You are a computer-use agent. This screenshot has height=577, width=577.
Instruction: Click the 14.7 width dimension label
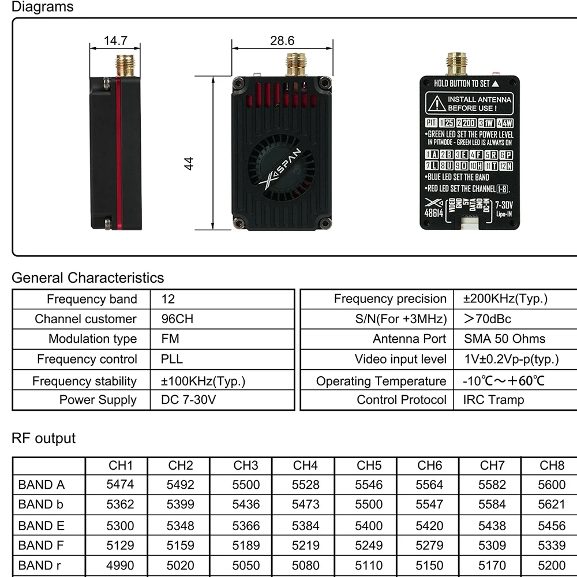[x=115, y=40]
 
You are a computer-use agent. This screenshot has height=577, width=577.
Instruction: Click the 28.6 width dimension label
[x=282, y=40]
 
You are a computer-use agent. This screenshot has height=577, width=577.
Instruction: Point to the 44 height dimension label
[x=189, y=163]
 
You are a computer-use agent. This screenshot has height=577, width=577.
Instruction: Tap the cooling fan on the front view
[x=282, y=168]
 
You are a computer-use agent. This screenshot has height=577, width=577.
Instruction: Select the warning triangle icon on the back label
[x=436, y=104]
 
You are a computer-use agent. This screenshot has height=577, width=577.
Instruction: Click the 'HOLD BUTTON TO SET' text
[x=462, y=84]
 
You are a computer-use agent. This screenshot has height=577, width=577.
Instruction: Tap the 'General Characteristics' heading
[x=88, y=278]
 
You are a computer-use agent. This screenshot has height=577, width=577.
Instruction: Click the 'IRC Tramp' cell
[x=493, y=400]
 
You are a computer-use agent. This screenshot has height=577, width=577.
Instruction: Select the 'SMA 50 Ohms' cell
[x=504, y=339]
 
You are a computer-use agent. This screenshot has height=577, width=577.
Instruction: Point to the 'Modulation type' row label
[x=92, y=339]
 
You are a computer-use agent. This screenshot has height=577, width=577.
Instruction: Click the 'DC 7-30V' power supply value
[x=188, y=400]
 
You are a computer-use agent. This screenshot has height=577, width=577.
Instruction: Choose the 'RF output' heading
[x=43, y=438]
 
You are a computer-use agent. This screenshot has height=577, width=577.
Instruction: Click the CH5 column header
[x=369, y=465]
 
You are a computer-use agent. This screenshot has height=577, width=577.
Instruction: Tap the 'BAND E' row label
[x=42, y=526]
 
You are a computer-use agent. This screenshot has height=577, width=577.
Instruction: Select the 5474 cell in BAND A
[x=120, y=485]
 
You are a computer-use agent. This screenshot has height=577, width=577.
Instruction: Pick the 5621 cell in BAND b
[x=552, y=504]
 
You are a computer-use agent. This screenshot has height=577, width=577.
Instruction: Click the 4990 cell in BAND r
[x=120, y=565]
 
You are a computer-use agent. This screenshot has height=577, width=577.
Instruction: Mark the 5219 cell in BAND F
[x=305, y=545]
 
